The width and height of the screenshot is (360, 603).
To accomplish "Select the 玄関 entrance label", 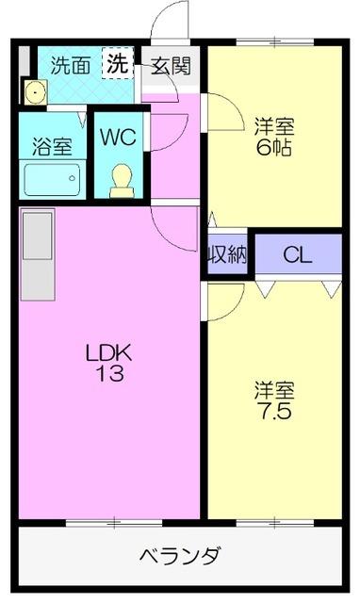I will coord(172,66).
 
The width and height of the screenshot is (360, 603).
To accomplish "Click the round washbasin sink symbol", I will coord(35,92).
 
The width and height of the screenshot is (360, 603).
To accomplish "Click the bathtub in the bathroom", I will coord(52,179).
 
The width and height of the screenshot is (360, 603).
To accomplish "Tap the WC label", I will coord(120,136).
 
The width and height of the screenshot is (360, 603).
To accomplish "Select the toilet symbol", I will coord(122,179).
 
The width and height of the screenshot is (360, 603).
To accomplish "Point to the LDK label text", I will coord(108,353).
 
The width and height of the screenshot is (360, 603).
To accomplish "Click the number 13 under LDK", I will coord(108,373).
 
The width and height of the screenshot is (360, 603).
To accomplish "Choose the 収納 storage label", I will coord(226,253).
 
